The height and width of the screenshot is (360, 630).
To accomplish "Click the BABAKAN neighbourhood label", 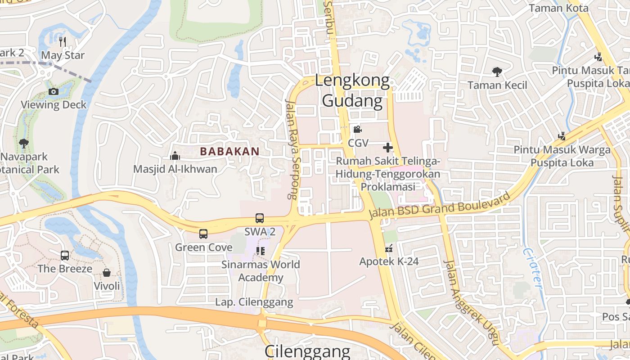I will point(229,152).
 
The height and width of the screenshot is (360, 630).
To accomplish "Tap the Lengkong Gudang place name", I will point(352,91).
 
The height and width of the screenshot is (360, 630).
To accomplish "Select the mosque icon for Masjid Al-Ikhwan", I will point(175,156).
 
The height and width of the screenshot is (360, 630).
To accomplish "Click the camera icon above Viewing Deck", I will point(54,92).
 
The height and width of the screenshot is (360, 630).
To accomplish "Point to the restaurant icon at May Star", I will point(63,42).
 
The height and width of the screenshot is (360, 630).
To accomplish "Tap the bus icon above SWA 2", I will point(260,218).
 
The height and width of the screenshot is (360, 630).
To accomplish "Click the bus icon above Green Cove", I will point(203,234).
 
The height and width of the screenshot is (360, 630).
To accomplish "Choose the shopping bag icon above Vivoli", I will point(107,273).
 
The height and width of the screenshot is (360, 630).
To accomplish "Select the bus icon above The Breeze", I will point(65,256).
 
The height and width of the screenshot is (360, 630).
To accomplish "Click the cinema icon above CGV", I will point(358,130).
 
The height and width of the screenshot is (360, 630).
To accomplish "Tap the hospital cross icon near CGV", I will point(387,147).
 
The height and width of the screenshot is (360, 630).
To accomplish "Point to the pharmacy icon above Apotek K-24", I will point(389,248).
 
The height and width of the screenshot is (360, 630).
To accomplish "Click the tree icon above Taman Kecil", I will point(497,72).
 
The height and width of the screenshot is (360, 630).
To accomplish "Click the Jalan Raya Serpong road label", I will point(292,148).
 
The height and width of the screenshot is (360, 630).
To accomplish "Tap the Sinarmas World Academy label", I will point(261,270).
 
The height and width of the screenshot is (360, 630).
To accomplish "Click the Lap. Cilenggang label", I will point(254,302).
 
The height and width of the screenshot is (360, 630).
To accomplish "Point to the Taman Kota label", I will point(558,8).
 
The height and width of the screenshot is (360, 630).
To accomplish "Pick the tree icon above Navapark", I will point(23,144).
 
